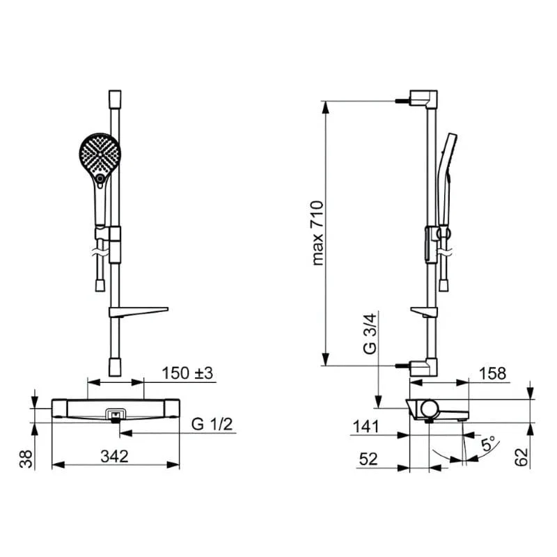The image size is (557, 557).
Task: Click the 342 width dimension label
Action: (114, 457)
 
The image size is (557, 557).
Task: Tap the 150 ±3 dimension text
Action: (187, 373)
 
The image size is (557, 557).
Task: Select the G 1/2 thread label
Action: (212, 424)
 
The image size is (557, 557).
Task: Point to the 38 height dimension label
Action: (26, 459)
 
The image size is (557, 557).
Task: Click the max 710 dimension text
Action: (317, 233)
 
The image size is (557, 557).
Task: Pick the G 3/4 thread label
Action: (370, 334)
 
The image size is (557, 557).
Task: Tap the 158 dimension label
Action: (492, 374)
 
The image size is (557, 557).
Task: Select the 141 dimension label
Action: (366, 427)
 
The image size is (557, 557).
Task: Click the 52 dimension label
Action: (368, 459)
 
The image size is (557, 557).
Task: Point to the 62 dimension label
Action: (521, 457)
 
